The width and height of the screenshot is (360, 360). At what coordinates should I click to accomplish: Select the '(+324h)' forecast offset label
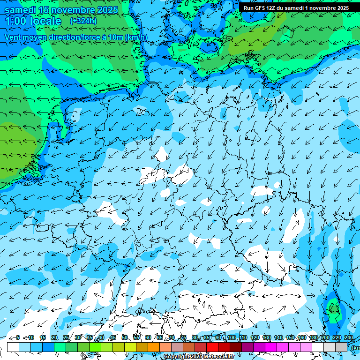pyautogui.click(x=83, y=21)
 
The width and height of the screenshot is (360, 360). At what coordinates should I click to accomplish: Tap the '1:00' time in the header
pyautogui.click(x=15, y=22)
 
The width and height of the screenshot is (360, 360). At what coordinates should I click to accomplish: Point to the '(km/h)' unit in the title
pyautogui.click(x=136, y=37)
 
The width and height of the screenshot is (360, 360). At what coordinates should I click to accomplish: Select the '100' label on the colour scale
pyautogui.click(x=232, y=337)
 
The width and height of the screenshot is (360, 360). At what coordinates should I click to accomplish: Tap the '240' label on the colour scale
pyautogui.click(x=348, y=337)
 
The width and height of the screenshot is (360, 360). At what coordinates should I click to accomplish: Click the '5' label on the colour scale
pyautogui.click(x=18, y=337)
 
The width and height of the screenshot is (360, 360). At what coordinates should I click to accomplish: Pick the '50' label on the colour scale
pyautogui.click(x=125, y=337)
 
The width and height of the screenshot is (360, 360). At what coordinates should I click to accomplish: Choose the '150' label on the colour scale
pyautogui.click(x=290, y=337)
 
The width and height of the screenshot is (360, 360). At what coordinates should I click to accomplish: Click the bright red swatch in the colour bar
pyautogui.click(x=212, y=347)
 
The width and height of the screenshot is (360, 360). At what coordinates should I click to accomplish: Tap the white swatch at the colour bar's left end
pyautogui.click(x=13, y=347)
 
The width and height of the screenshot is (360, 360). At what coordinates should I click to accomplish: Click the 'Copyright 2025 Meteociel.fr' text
pyautogui.click(x=199, y=357)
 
